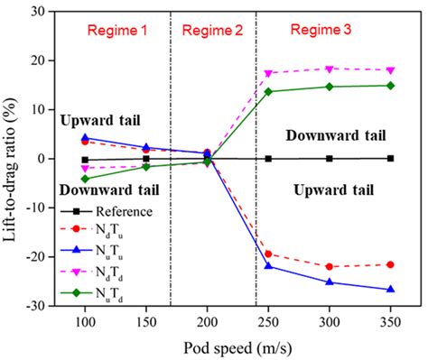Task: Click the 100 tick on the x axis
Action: (86, 321)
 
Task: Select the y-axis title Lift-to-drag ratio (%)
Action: (11, 158)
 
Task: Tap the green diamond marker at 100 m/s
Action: (86, 179)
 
